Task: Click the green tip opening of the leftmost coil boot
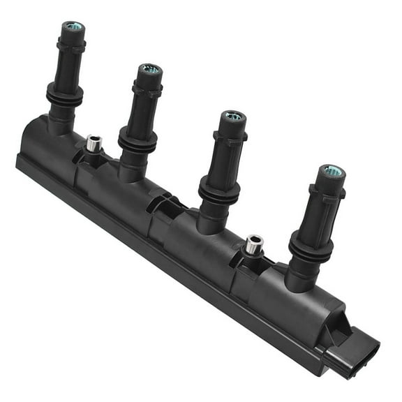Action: click(73, 27)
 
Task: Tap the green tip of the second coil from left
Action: click(150, 69)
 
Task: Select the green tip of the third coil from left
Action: click(234, 116)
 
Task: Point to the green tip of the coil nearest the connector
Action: click(332, 170)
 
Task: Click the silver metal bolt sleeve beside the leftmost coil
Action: click(94, 143)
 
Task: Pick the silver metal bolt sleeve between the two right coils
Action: click(254, 244)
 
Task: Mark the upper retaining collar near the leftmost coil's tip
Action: click(70, 45)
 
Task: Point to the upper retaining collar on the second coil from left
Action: click(147, 89)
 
